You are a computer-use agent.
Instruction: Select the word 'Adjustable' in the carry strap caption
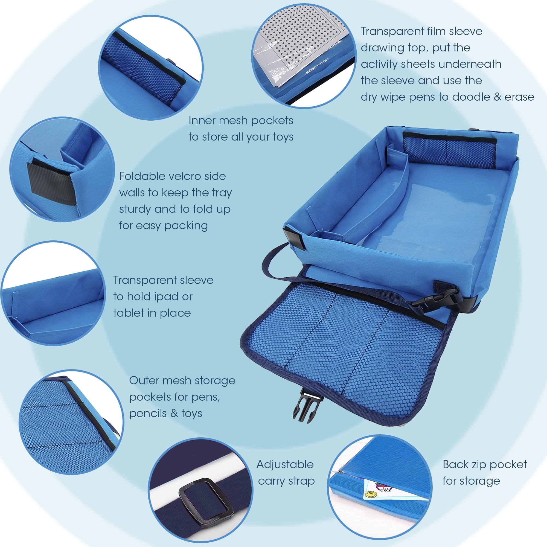point(285,465)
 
